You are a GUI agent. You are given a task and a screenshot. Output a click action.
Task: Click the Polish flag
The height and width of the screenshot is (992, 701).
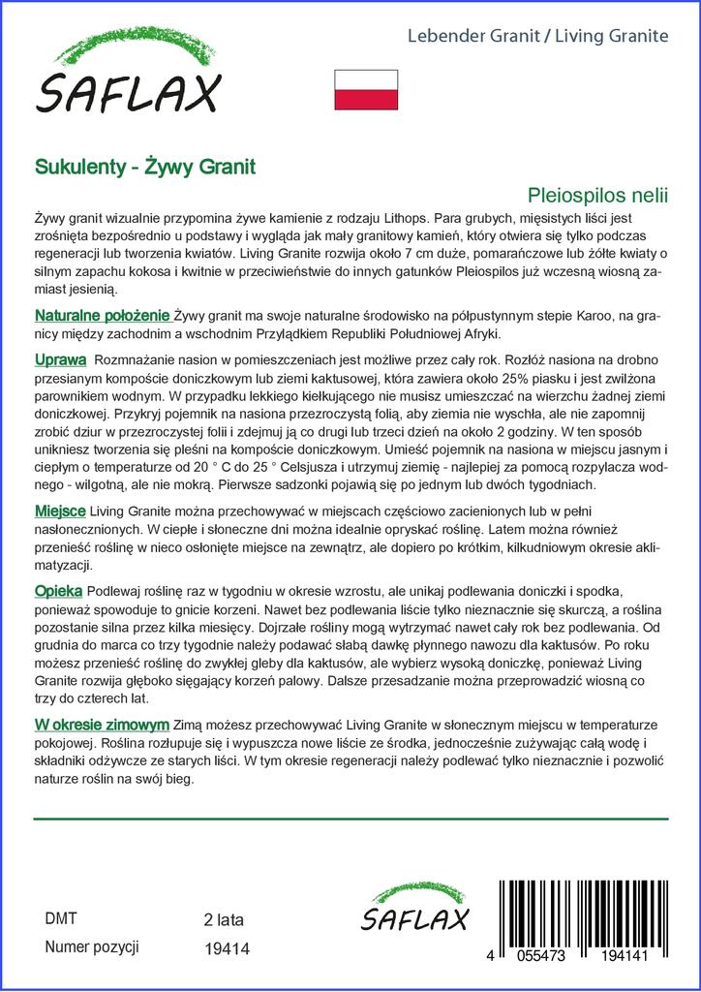(x=366, y=88)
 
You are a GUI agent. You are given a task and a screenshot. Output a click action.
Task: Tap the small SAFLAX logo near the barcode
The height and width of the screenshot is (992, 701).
(x=414, y=909)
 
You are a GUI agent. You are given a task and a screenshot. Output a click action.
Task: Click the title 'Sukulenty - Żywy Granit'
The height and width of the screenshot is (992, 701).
(x=145, y=167)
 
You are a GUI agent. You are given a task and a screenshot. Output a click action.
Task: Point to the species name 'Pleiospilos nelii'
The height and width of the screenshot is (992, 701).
(x=598, y=194)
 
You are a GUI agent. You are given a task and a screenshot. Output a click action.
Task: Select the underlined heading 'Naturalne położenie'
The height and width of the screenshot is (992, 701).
(x=103, y=316)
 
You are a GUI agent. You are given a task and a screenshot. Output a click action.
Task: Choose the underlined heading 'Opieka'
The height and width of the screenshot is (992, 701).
(x=59, y=591)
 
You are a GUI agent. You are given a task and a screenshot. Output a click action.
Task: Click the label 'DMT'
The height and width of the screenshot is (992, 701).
(x=61, y=919)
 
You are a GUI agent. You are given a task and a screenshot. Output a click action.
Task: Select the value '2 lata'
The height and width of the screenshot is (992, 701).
(x=224, y=919)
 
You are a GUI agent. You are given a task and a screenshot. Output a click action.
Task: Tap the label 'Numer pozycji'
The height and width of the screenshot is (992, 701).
(x=93, y=946)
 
